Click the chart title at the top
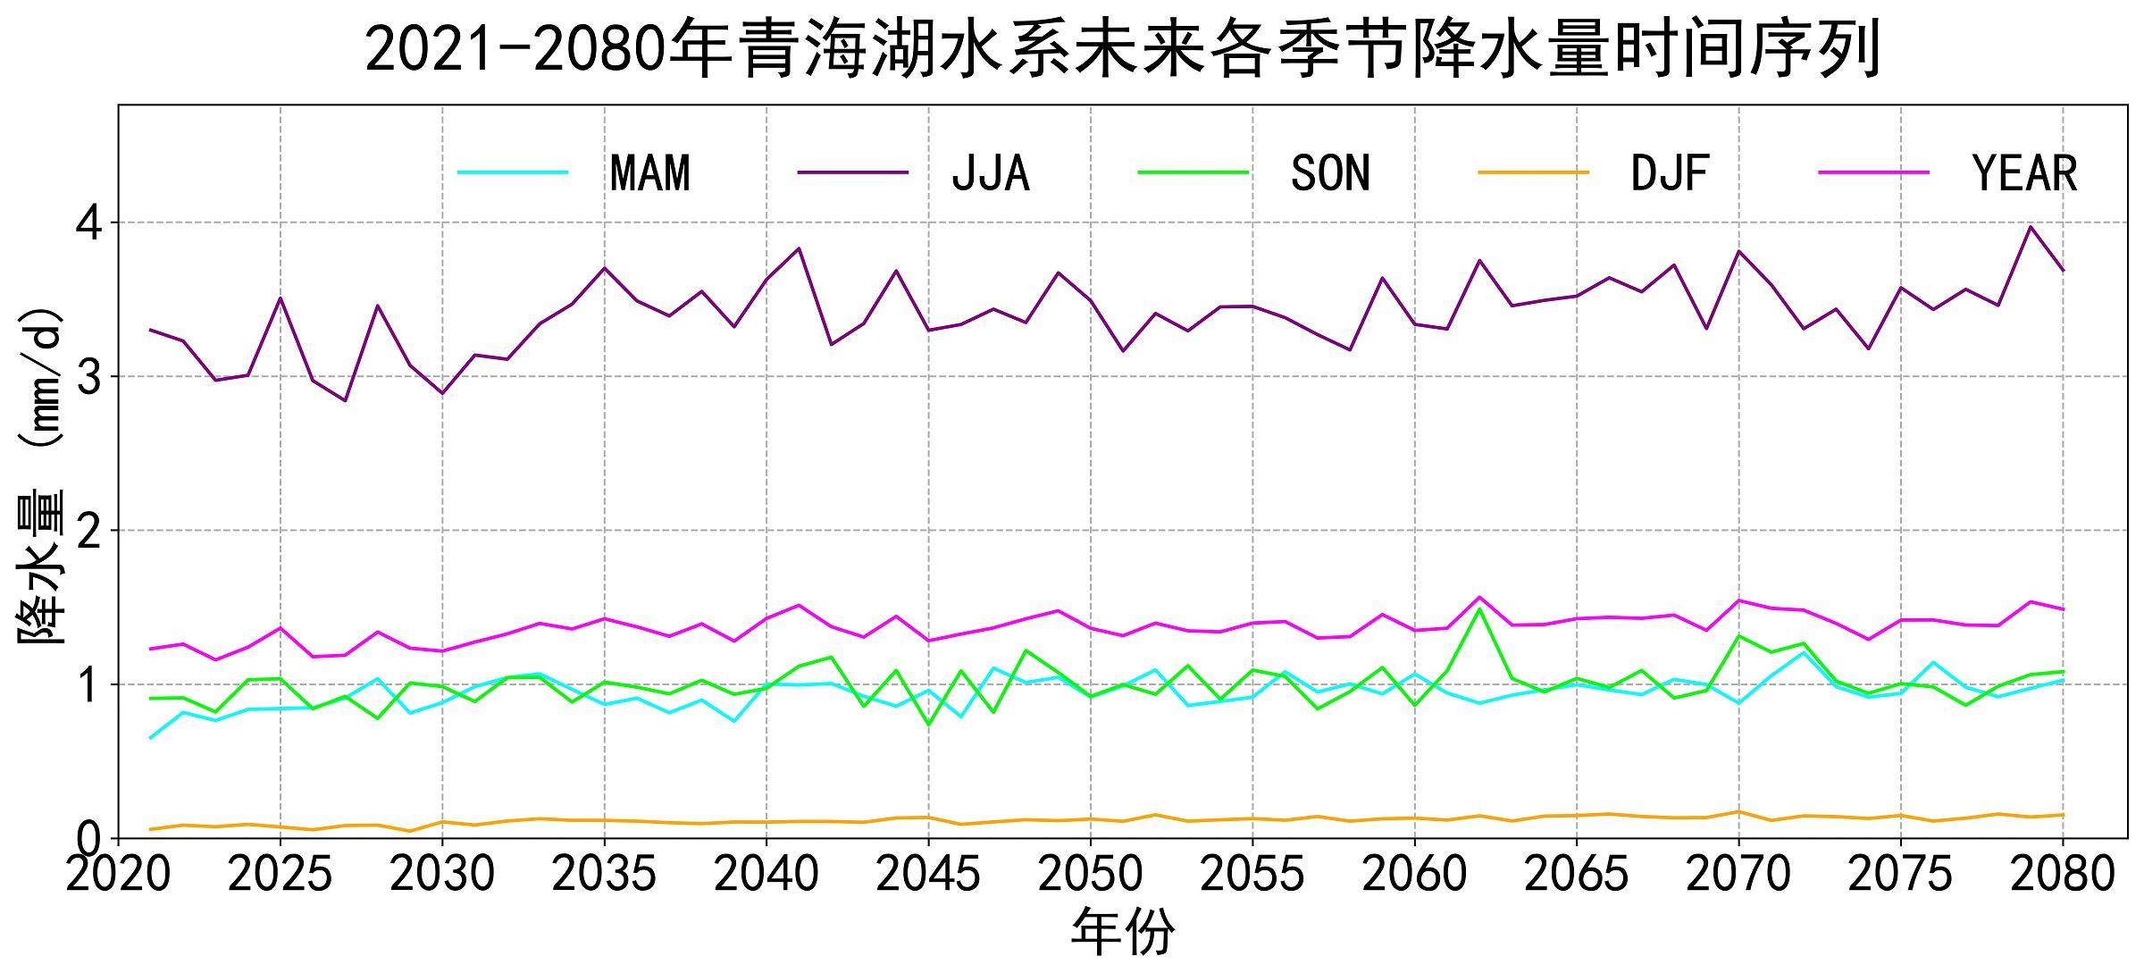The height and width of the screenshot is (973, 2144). point(1123,49)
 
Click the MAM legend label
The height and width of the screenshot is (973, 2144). point(649,173)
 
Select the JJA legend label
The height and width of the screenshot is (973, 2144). point(990,173)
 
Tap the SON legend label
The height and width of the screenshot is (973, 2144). point(1330,173)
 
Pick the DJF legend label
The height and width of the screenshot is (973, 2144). point(1670,173)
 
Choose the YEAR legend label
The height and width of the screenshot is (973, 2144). point(2024,173)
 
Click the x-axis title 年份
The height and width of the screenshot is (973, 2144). point(1123,933)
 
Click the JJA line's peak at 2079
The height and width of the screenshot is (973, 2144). point(2031,226)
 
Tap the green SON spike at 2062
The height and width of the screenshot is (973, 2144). point(1479,609)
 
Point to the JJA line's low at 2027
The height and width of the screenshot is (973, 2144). point(345,400)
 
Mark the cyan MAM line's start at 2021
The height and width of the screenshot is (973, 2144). point(151,738)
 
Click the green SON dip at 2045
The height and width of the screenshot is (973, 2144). point(928,725)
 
